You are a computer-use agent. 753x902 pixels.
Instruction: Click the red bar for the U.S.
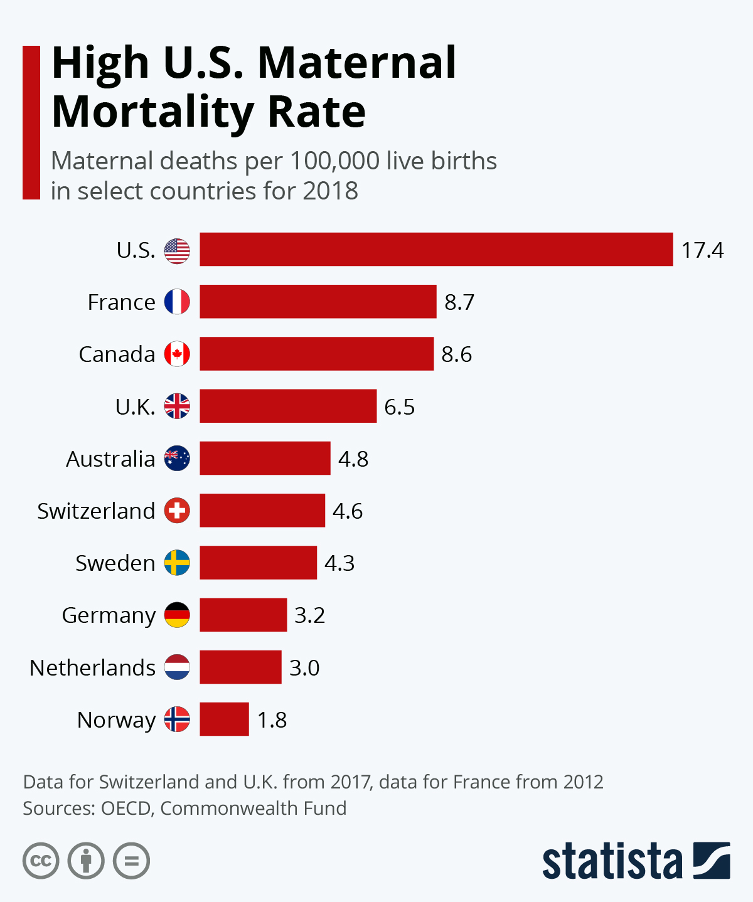[436, 250]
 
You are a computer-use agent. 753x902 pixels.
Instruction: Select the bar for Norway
[224, 719]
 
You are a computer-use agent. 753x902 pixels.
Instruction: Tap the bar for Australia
[265, 459]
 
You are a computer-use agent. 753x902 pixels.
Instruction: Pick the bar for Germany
[243, 615]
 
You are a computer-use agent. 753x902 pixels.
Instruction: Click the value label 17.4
[702, 250]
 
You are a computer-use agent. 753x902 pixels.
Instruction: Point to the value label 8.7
[459, 302]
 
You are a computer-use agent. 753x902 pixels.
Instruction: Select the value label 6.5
[399, 407]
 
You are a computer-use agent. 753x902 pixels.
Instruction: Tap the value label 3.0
[304, 667]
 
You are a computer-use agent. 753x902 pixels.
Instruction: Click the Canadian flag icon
[177, 354]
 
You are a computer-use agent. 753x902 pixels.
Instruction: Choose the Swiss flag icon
[177, 511]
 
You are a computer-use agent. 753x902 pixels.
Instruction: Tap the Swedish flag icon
[177, 563]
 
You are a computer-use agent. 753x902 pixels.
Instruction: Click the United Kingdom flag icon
[177, 406]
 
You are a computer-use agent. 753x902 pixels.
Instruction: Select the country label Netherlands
[92, 667]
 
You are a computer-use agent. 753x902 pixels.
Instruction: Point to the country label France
[121, 302]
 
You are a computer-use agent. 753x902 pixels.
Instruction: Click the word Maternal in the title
[356, 63]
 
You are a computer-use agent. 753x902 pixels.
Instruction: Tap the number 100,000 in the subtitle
[334, 161]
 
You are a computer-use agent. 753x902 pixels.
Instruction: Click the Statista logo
[636, 861]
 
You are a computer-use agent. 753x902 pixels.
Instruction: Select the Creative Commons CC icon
[41, 861]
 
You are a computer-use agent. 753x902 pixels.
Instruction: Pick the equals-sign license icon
[132, 861]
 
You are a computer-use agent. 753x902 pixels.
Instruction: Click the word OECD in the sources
[125, 808]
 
